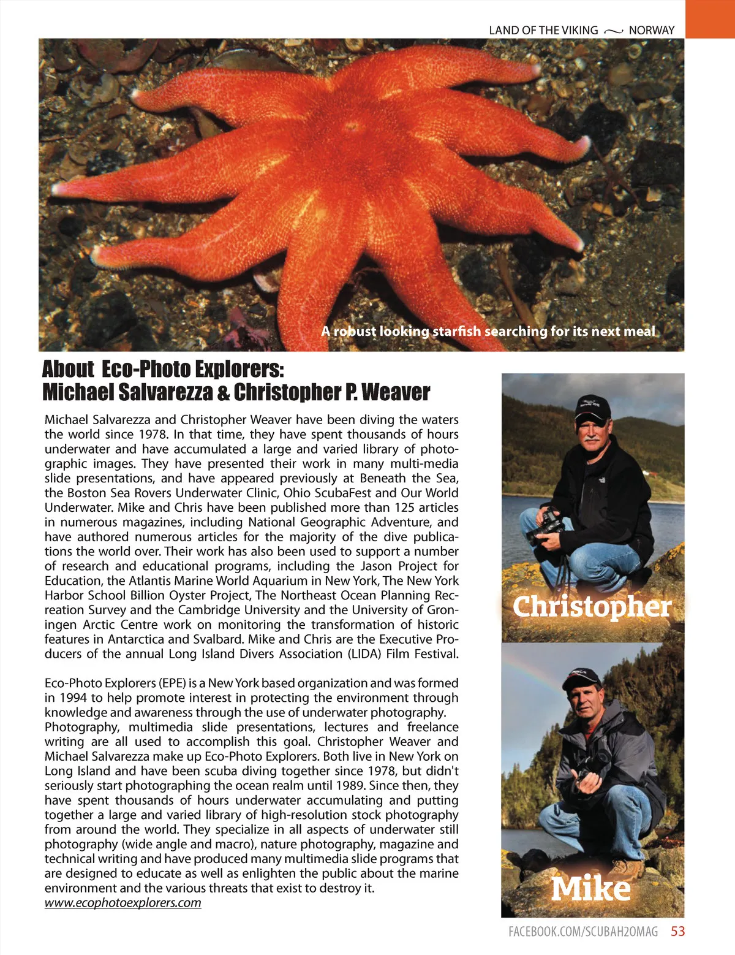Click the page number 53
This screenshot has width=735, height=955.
click(x=677, y=931)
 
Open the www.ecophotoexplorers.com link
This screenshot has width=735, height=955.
click(x=123, y=902)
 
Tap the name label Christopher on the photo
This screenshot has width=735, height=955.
click(x=592, y=606)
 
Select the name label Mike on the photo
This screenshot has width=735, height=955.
click(x=590, y=888)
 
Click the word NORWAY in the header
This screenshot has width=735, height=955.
click(x=651, y=30)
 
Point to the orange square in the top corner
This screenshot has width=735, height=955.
click(x=710, y=18)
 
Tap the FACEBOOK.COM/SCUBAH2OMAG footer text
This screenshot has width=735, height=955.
click(x=583, y=932)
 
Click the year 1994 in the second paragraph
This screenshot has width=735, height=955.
click(x=73, y=698)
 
